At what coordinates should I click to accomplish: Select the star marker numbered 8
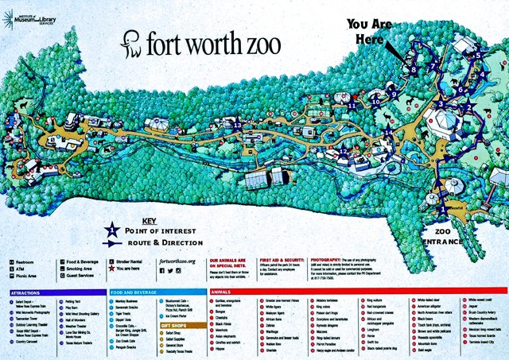(412, 70)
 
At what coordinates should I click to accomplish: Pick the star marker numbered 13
(237, 124)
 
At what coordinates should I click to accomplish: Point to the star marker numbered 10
(375, 101)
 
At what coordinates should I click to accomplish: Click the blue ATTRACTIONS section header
(26, 293)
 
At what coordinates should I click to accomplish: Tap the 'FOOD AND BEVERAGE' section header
(134, 293)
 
